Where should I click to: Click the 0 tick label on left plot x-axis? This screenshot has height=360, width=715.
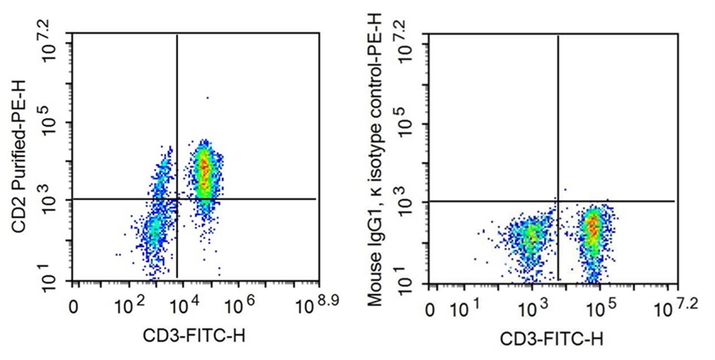(74, 307)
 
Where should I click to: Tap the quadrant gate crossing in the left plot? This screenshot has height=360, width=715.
(176, 199)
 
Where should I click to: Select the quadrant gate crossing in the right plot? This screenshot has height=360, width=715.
(558, 201)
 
